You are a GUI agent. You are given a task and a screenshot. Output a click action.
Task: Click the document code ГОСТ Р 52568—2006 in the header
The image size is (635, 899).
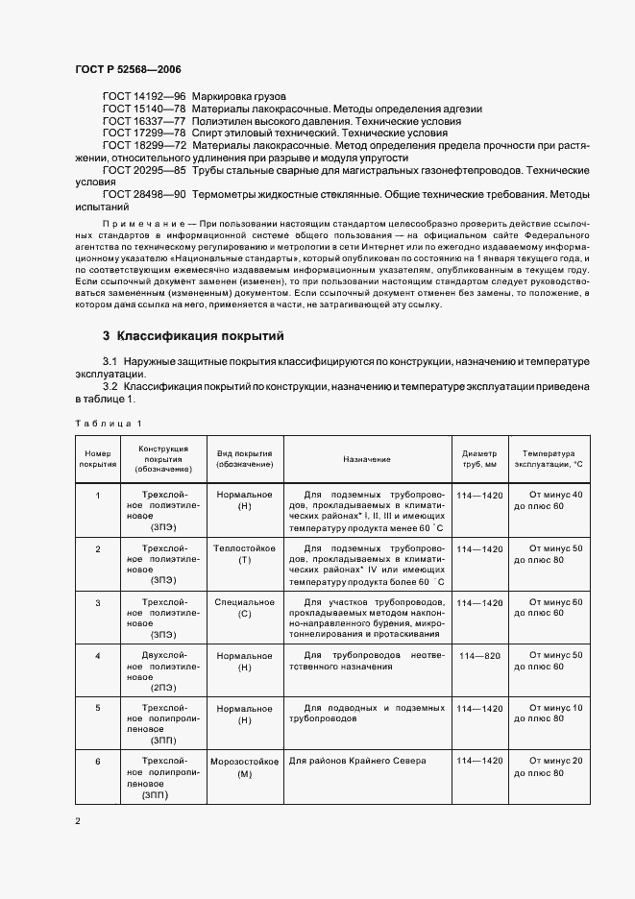(x=128, y=70)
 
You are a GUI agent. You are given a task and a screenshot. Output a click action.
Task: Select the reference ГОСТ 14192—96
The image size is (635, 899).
(x=144, y=97)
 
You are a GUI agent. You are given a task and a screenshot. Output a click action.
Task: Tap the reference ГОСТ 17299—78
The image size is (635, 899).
(x=144, y=134)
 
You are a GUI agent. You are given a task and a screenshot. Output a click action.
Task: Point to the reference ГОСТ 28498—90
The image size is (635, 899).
(x=144, y=194)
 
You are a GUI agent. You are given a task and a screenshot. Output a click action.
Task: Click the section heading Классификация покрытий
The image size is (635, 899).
(x=199, y=336)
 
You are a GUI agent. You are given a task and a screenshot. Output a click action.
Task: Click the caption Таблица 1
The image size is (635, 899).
(x=108, y=423)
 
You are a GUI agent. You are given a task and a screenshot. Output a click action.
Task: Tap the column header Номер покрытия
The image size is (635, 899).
(x=98, y=459)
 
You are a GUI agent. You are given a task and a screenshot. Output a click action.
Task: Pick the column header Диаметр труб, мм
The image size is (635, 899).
(x=479, y=459)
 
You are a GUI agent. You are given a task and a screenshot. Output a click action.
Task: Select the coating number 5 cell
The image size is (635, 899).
(x=98, y=708)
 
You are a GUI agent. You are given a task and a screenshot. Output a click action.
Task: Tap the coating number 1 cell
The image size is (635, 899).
(x=98, y=495)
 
